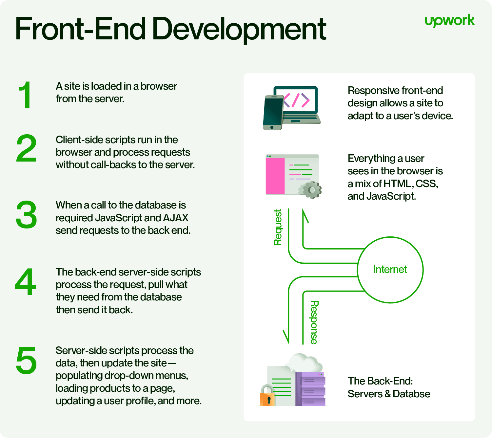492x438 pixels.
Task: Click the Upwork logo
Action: [449, 21]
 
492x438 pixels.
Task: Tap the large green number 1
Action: [26, 95]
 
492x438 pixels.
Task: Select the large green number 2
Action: [26, 148]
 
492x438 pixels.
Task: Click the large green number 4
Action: [26, 282]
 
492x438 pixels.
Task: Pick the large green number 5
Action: [26, 361]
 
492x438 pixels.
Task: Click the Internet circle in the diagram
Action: [390, 270]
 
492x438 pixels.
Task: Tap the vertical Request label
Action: [278, 227]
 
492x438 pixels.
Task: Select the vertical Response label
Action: [314, 322]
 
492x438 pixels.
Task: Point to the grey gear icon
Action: [311, 190]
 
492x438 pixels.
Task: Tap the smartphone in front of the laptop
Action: [273, 113]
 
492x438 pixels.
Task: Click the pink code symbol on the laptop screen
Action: [296, 100]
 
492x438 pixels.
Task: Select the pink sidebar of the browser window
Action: [275, 176]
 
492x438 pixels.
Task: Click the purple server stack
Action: [310, 389]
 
